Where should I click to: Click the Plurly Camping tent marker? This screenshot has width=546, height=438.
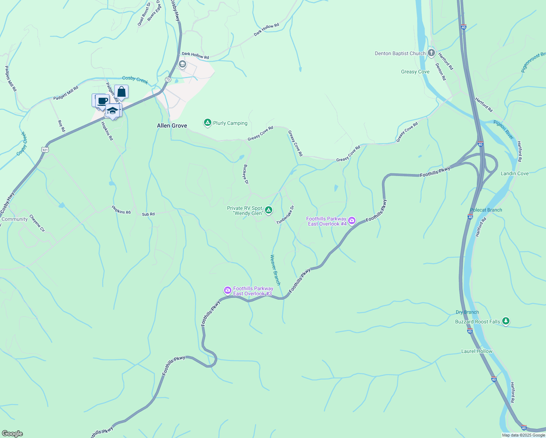(x=207, y=123)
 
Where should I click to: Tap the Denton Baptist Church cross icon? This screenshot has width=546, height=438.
(x=431, y=53)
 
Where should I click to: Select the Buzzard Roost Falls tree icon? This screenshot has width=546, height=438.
(x=505, y=321)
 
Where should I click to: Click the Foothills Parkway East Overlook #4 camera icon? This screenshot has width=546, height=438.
(x=351, y=220)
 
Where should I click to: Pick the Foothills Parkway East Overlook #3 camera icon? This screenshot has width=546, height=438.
(x=228, y=291)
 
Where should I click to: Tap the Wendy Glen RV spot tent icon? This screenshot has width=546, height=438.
(x=268, y=210)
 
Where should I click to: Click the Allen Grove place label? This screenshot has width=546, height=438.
(x=172, y=126)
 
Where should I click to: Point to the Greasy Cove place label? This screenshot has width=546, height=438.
(x=415, y=72)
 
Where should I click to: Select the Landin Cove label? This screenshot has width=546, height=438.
(x=515, y=173)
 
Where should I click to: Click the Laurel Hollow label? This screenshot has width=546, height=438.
(x=477, y=351)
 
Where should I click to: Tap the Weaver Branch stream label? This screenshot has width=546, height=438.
(x=275, y=270)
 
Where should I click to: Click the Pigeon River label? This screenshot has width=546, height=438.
(x=504, y=130)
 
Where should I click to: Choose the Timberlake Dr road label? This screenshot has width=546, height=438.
(x=285, y=215)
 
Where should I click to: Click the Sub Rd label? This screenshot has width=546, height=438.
(x=148, y=214)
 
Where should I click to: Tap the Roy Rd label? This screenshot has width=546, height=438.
(x=61, y=126)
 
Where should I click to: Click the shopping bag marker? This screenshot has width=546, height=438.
(x=121, y=92)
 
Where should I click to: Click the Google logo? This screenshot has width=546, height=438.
(x=12, y=434)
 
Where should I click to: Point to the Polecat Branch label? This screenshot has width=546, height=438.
(x=486, y=210)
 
